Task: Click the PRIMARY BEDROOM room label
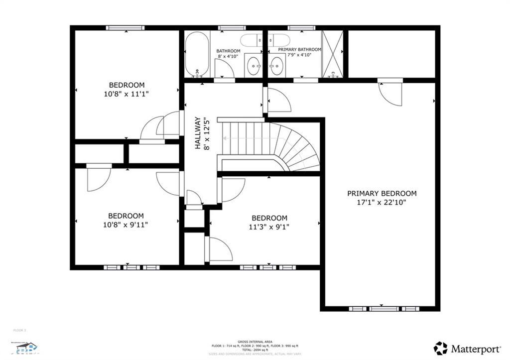382,193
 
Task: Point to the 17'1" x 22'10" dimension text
382,203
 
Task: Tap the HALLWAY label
197,133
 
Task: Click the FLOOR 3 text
19,330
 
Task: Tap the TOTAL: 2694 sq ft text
255,350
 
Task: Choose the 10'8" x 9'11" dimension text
127,225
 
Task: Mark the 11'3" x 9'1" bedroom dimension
269,227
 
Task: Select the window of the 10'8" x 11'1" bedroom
125,28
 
